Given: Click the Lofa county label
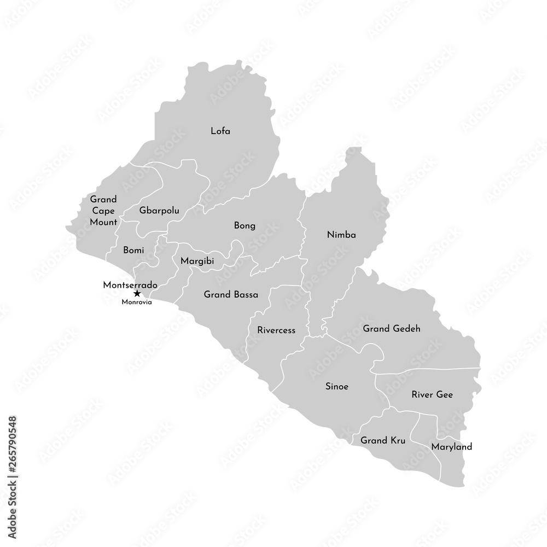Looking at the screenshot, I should pos(220,131).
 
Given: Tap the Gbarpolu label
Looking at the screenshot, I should pos(159,210).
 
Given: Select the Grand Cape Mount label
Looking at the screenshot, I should pos(103,211).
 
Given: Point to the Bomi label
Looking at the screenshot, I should pos(133,251).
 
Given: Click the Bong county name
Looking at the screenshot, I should pos(245,225).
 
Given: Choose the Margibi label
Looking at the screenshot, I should pos(197,261).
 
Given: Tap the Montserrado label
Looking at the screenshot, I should pos(130,285).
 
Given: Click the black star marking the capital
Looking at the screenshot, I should pos(137,294).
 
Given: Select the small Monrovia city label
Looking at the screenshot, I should pos(137,302).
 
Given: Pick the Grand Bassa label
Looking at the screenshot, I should pos(231,294).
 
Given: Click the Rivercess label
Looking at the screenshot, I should pos(276,330).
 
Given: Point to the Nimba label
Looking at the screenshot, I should pos(341,235).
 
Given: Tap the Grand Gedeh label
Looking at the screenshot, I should pos(391,329).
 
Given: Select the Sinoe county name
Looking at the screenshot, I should pos(337,386).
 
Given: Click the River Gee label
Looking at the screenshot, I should pos(432,394).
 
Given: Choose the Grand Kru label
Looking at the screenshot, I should pos(382,440).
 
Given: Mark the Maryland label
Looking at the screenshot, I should pos(451,447).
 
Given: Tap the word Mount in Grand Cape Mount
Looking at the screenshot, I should pos(104,222).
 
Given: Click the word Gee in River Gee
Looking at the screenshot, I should pos(444,394).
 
